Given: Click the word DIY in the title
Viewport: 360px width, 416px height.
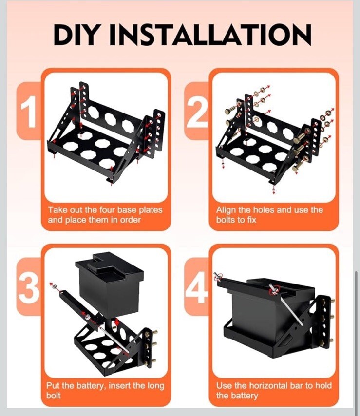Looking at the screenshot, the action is (x=74, y=35).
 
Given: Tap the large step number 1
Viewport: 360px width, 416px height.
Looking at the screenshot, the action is (x=28, y=112).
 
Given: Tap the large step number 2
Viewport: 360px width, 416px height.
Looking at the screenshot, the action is (x=196, y=112).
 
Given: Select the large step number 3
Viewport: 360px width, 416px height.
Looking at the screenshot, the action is (x=28, y=287).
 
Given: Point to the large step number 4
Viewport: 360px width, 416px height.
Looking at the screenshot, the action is (x=197, y=287).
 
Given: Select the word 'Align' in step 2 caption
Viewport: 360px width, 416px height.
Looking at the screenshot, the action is (x=226, y=210).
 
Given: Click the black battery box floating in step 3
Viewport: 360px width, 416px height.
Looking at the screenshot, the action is (x=109, y=283).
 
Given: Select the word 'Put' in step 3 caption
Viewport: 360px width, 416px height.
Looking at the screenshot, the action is (x=53, y=386).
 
